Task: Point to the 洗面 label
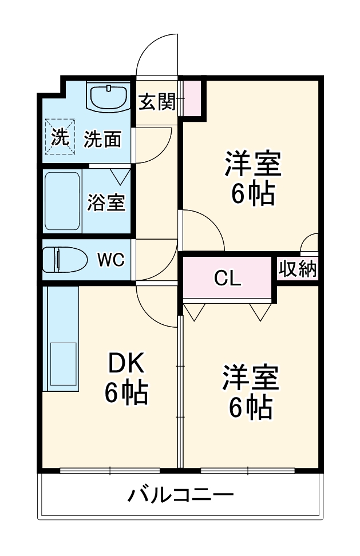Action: pyautogui.click(x=103, y=139)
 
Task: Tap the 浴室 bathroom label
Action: pyautogui.click(x=106, y=202)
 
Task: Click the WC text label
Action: pyautogui.click(x=110, y=260)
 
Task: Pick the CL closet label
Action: pyautogui.click(x=227, y=279)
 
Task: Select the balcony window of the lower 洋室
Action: pyautogui.click(x=248, y=471)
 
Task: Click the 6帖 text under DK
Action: pyautogui.click(x=126, y=392)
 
